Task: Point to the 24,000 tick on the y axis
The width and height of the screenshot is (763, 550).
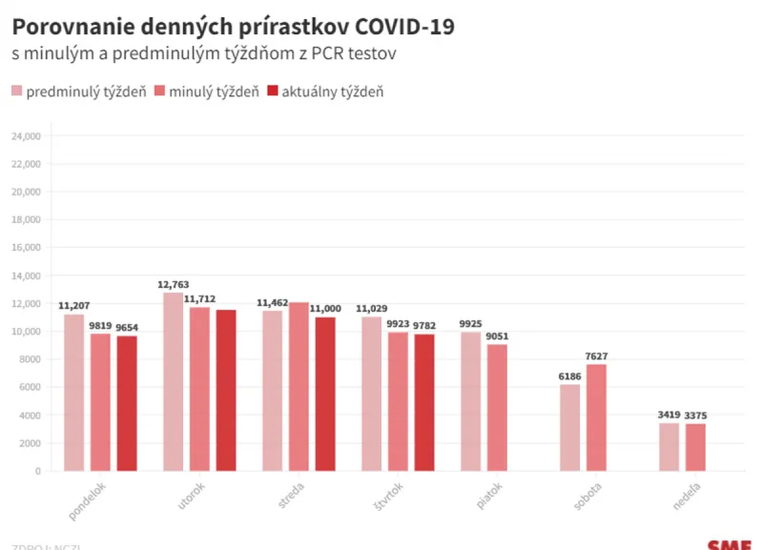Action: (x=26, y=136)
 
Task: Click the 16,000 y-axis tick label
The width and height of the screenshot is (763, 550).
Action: (x=26, y=248)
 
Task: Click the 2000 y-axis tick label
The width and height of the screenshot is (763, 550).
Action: (x=29, y=443)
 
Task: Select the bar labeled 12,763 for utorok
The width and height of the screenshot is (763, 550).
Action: (x=173, y=381)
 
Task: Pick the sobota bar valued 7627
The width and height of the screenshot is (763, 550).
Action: (x=596, y=418)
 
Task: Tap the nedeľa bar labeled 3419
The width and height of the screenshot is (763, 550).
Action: (x=669, y=447)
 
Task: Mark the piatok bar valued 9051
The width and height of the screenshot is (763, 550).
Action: (x=497, y=407)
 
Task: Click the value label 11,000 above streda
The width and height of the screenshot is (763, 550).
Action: (x=324, y=308)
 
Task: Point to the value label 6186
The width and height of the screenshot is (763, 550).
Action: (x=569, y=376)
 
